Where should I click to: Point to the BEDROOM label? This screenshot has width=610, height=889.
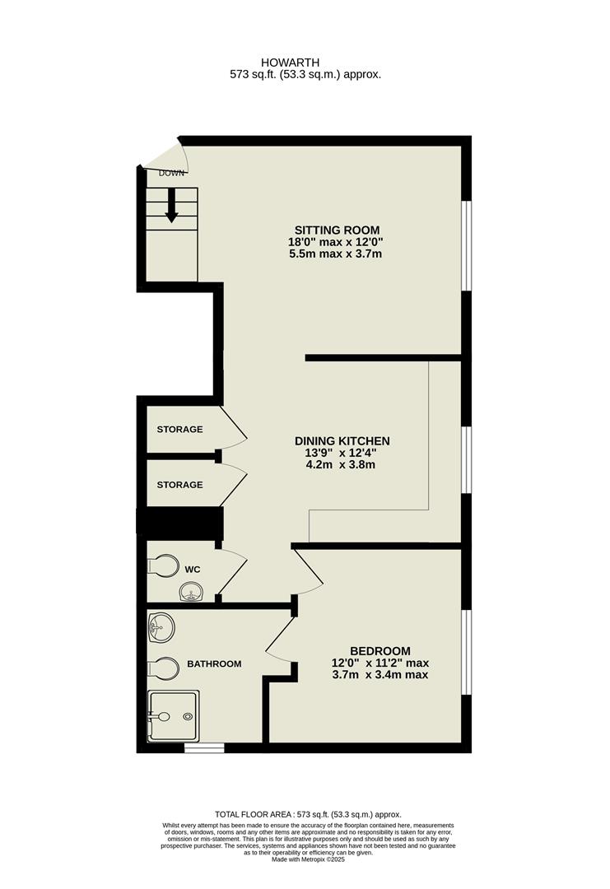click(x=380, y=650)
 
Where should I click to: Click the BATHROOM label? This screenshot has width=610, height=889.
click(x=214, y=663)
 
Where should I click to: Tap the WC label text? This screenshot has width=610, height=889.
click(x=192, y=569)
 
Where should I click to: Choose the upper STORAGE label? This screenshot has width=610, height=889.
click(x=179, y=430)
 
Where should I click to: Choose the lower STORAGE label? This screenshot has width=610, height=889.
click(x=179, y=485)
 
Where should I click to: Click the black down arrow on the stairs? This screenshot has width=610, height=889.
click(x=171, y=206)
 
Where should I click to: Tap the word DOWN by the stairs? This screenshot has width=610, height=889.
click(x=172, y=173)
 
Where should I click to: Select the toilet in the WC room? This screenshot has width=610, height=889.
click(x=164, y=566)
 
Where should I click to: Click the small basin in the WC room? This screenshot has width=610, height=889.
click(x=190, y=591)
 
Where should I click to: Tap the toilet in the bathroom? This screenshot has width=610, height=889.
click(x=163, y=668)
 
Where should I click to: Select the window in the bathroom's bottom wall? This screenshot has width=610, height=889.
click(x=204, y=747)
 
